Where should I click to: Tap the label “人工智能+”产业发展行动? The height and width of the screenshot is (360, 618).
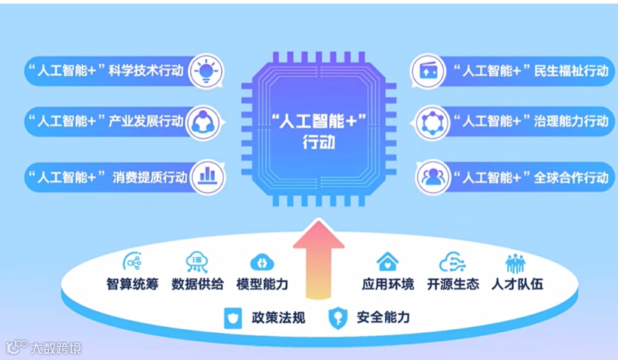click(106, 121)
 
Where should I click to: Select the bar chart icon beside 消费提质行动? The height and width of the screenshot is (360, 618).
click(207, 176)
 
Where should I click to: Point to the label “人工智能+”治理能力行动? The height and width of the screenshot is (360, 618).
click(531, 121)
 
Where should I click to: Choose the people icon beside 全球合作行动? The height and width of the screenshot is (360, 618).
click(433, 177)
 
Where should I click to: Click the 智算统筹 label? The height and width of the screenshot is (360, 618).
click(133, 285)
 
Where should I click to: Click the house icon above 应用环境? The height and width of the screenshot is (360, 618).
click(387, 261)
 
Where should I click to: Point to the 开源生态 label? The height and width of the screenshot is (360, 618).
click(452, 285)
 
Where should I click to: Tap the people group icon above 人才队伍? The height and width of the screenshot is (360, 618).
click(516, 262)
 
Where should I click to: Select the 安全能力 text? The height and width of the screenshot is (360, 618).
click(384, 318)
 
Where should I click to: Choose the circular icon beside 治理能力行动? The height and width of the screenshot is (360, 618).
click(433, 122)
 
